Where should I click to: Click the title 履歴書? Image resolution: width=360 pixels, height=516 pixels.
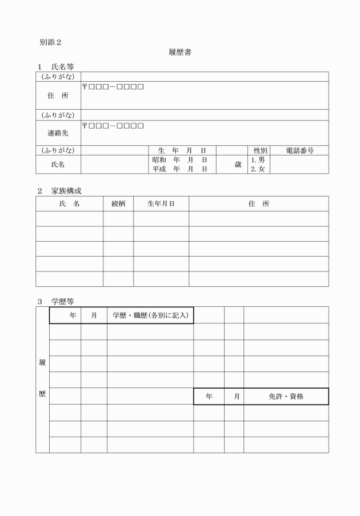coord(179,53)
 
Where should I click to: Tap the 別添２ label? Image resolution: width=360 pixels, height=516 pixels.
coord(50,42)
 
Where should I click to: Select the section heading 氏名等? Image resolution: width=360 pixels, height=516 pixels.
coord(62,67)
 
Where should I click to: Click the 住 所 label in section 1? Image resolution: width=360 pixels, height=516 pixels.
coord(58,95)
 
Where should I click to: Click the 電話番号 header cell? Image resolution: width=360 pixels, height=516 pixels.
coord(299,150)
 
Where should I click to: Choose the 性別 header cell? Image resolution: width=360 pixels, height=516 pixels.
coord(260,150)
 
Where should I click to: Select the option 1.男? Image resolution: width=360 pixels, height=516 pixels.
coord(258,160)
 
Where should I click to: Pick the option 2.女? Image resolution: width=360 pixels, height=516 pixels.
coord(258,169)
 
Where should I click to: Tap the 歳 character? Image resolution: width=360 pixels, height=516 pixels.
coord(238,165)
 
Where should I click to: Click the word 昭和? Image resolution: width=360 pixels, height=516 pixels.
coord(159,160)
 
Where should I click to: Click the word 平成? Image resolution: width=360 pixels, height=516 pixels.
coord(159,169)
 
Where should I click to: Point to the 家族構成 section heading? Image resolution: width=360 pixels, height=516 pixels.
coord(66,191)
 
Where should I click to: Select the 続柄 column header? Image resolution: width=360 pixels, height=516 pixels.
coord(118,203)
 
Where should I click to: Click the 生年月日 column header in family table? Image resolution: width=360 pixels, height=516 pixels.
coord(161,203)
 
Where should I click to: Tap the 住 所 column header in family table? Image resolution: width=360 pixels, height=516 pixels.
coord(259,203)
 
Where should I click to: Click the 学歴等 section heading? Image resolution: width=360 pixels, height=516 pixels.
coord(62,301)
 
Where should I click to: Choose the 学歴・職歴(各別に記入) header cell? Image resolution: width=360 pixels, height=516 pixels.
coord(150,315)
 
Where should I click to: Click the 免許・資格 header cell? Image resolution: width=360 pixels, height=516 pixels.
coord(286,397)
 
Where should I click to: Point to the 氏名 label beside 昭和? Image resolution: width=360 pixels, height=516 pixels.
coord(58,165)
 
